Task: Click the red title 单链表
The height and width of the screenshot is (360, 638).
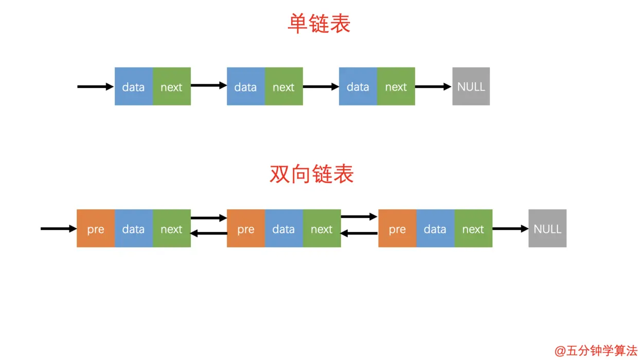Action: pyautogui.click(x=318, y=24)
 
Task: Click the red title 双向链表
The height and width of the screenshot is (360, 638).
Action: pyautogui.click(x=311, y=174)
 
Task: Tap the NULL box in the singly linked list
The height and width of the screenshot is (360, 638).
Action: pyautogui.click(x=471, y=86)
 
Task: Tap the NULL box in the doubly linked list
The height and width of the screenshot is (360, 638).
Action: pyautogui.click(x=547, y=228)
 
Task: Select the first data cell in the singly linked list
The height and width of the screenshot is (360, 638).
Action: pyautogui.click(x=133, y=86)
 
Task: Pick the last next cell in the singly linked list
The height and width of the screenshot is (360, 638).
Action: pyautogui.click(x=396, y=86)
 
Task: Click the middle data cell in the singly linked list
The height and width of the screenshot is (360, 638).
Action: pyautogui.click(x=245, y=86)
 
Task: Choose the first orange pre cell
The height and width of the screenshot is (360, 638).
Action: pyautogui.click(x=96, y=228)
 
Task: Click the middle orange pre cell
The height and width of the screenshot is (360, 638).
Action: pyautogui.click(x=245, y=228)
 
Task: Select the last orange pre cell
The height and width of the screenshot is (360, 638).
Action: pyautogui.click(x=397, y=228)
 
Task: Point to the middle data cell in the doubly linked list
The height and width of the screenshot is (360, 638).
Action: pyautogui.click(x=283, y=228)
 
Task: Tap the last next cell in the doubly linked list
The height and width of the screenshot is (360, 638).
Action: pyautogui.click(x=473, y=228)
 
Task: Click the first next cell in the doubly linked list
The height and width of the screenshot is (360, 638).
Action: pyautogui.click(x=171, y=228)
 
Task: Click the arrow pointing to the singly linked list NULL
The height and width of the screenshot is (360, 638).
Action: pyautogui.click(x=433, y=86)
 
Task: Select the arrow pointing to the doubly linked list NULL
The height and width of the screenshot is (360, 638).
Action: pyautogui.click(x=510, y=228)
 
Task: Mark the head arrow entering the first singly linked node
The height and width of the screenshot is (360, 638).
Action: pyautogui.click(x=95, y=86)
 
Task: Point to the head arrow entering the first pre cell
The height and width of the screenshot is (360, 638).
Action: pyautogui.click(x=58, y=228)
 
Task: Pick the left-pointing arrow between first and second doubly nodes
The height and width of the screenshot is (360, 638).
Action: pyautogui.click(x=208, y=233)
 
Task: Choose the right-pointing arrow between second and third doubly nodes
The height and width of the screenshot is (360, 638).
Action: pyautogui.click(x=359, y=217)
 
